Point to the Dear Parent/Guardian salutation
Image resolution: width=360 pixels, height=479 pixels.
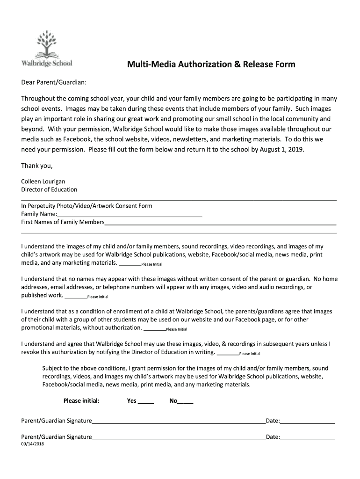pyautogui.click(x=54, y=82)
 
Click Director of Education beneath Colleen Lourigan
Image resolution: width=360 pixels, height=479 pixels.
pyautogui.click(x=49, y=189)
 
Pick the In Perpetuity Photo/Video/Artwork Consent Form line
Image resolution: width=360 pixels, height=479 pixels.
pyautogui.click(x=86, y=206)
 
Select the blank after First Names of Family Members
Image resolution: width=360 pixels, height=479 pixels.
pyautogui.click(x=220, y=223)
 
